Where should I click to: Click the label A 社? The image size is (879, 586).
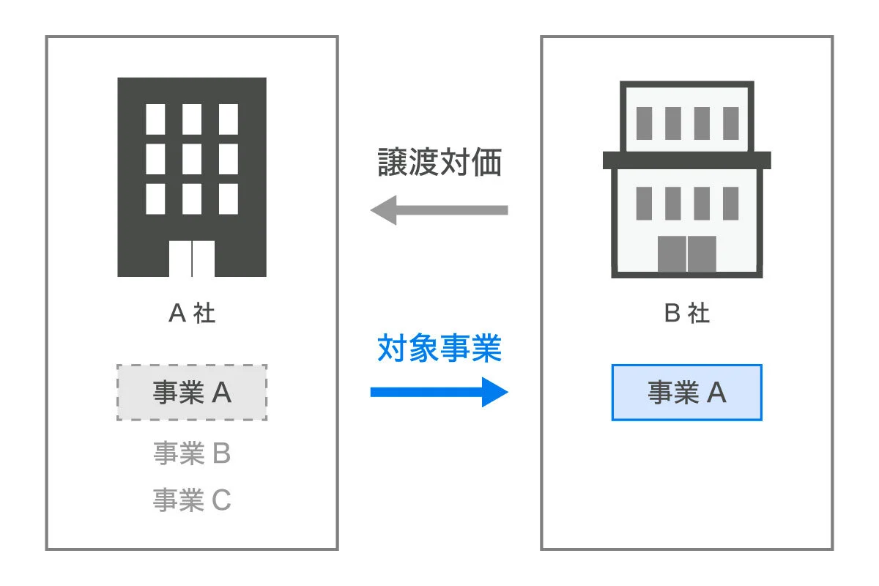click(x=192, y=313)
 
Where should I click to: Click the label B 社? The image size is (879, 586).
click(x=687, y=313)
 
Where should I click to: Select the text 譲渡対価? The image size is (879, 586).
click(x=439, y=162)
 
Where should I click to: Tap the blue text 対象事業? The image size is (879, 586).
click(x=439, y=348)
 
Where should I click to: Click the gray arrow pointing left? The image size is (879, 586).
click(x=439, y=210)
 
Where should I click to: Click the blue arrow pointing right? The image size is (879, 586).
click(x=439, y=392)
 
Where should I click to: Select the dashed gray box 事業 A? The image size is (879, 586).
click(x=192, y=393)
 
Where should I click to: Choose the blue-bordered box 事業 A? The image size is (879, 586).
click(x=687, y=393)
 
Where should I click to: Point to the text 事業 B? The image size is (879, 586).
click(x=192, y=453)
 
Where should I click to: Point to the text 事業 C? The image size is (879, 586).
click(x=192, y=500)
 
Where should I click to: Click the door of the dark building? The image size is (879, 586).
click(x=192, y=259)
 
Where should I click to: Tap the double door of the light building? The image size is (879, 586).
click(x=687, y=253)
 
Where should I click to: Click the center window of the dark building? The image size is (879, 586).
click(x=192, y=159)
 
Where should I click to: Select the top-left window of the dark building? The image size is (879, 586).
click(x=155, y=119)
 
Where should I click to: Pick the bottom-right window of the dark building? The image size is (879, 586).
click(x=229, y=199)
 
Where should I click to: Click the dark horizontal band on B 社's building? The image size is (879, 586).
click(x=687, y=160)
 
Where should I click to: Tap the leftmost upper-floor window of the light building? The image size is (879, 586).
click(x=645, y=123)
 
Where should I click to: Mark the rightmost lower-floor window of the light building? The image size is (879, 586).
click(x=731, y=204)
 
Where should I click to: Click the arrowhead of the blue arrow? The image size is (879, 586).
click(x=495, y=392)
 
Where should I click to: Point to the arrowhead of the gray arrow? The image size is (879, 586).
click(x=383, y=210)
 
